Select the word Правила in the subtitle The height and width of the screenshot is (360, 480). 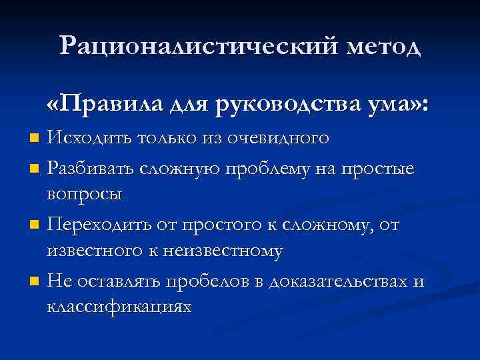(105, 105)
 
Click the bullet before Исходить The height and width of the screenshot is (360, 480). (36, 139)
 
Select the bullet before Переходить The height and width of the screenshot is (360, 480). (36, 225)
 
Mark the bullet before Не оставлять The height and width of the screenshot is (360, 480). (36, 281)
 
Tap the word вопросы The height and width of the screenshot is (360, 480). (84, 195)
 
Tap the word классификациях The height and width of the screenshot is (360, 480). (119, 307)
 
